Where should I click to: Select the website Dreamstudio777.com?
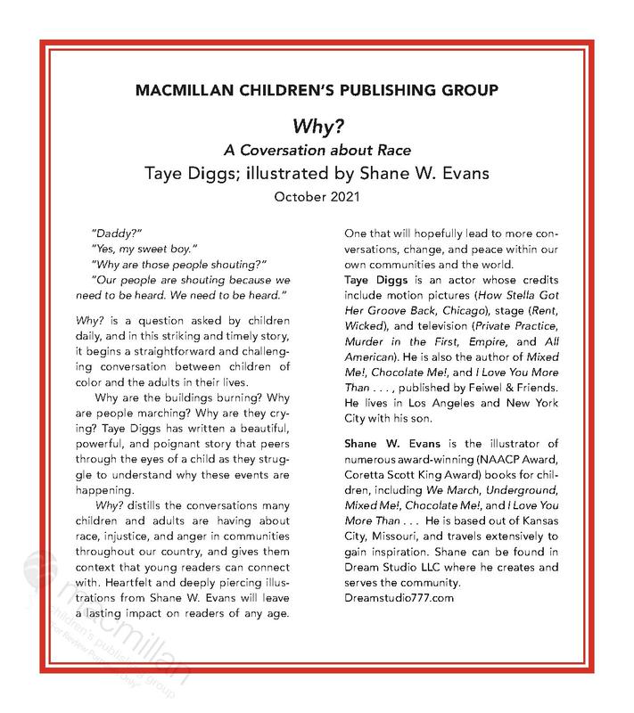pos(399,596)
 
